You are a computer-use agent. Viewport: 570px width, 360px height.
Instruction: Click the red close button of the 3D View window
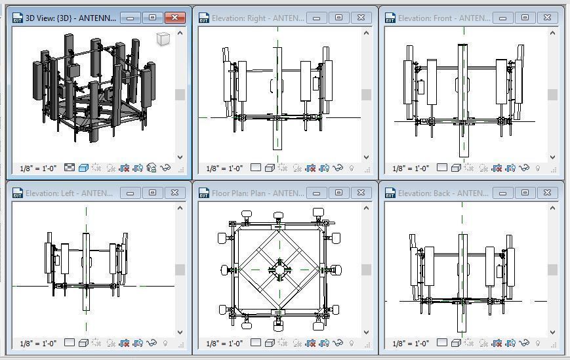[174, 18]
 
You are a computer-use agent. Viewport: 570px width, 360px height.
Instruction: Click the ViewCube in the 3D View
[163, 40]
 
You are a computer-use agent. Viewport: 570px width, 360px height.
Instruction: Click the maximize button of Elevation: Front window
[525, 18]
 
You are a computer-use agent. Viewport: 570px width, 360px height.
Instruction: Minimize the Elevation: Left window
[131, 193]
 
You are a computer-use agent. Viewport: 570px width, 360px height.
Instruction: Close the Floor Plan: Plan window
[361, 193]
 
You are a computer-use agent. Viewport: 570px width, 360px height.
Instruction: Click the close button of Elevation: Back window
[547, 193]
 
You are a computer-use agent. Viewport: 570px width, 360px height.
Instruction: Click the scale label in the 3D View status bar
[38, 169]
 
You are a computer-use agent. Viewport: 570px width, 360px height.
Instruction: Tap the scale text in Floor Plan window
[224, 343]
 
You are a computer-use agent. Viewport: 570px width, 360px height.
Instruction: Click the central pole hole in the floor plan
[279, 269]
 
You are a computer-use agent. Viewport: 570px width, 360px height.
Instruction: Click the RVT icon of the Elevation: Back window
[390, 193]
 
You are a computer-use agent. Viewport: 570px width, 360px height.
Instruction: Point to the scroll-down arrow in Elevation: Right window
[366, 157]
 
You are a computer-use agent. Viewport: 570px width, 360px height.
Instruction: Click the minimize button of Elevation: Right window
[317, 18]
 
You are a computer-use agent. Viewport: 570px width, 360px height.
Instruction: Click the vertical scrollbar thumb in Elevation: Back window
[552, 270]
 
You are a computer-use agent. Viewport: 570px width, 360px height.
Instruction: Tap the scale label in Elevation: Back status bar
[411, 343]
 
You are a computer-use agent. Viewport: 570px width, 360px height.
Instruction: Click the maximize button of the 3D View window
[152, 18]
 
